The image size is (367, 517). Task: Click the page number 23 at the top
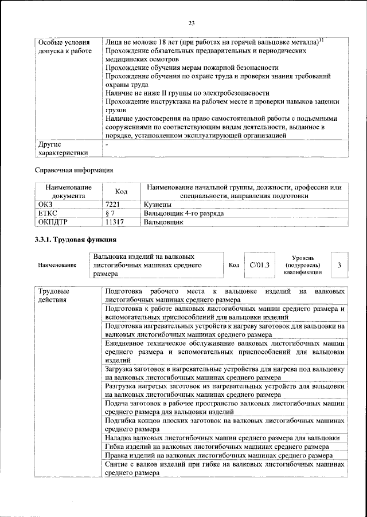(192, 23)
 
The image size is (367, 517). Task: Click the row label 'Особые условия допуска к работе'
(64, 47)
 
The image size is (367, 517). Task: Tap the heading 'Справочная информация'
(75, 169)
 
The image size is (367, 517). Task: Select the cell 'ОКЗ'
(45, 204)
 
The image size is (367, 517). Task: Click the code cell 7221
(112, 204)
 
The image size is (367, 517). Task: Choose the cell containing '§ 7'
(111, 213)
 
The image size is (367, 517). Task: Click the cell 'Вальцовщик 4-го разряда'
(183, 213)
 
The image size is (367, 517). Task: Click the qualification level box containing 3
(339, 265)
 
